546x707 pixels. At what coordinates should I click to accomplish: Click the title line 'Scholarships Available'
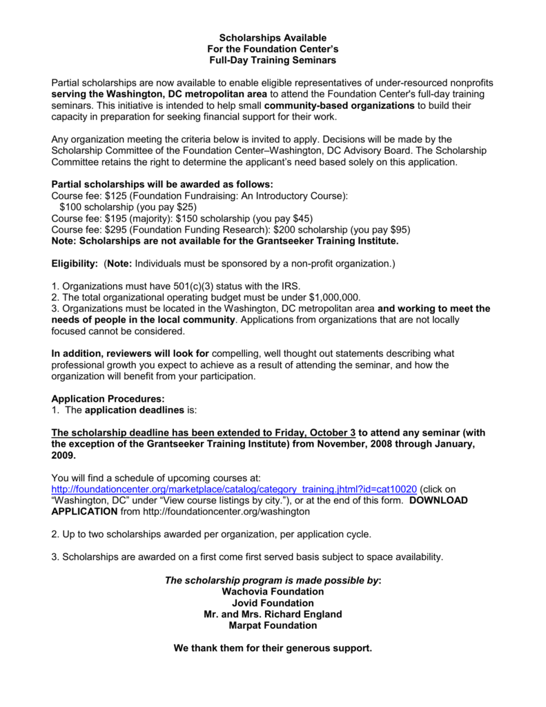tap(273, 37)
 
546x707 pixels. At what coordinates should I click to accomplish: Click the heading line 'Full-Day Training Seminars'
tap(273, 60)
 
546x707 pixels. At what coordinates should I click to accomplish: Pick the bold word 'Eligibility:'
tap(75, 263)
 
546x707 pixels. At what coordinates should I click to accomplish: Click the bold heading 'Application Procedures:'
tap(108, 399)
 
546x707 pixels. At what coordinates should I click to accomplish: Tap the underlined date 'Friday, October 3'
tap(316, 433)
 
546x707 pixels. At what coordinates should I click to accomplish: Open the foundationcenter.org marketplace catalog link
tap(234, 489)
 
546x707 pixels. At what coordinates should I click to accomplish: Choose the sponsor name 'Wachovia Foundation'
tap(273, 592)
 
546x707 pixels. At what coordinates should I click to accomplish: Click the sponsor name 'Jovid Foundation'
tap(273, 603)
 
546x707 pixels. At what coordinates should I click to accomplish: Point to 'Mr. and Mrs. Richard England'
tap(273, 614)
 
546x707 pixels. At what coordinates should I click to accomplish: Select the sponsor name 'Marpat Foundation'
tap(273, 625)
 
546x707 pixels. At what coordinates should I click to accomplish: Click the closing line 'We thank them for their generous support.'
tap(273, 648)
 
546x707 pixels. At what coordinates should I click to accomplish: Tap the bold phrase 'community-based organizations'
tap(339, 105)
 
